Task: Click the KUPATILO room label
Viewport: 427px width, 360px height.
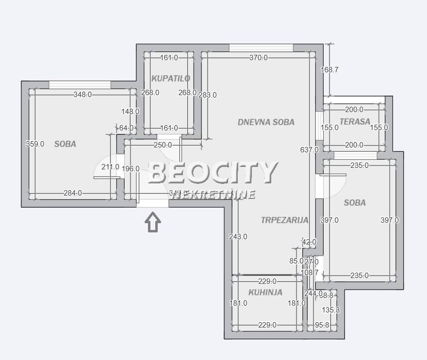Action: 170,78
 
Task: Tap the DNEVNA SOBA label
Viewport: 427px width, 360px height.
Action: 266,122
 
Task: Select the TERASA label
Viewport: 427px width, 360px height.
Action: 355,122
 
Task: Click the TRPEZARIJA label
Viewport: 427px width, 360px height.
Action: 284,220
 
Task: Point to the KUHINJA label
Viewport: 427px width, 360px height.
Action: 265,292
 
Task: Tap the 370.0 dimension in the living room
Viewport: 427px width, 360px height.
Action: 258,58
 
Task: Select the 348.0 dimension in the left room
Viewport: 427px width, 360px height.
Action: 82,95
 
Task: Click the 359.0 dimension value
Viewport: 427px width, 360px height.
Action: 35,144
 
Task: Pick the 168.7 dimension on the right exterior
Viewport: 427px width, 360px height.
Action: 329,70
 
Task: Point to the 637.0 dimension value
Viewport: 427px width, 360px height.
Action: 310,150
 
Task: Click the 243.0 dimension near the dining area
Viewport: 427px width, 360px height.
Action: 238,237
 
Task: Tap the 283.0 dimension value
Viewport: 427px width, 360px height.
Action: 208,95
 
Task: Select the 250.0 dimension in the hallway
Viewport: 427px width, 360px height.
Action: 163,145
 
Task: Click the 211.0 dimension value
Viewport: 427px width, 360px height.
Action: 110,167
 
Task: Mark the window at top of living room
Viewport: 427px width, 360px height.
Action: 261,48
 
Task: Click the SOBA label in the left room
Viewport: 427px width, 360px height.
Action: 65,144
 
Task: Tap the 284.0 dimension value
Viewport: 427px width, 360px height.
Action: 73,193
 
